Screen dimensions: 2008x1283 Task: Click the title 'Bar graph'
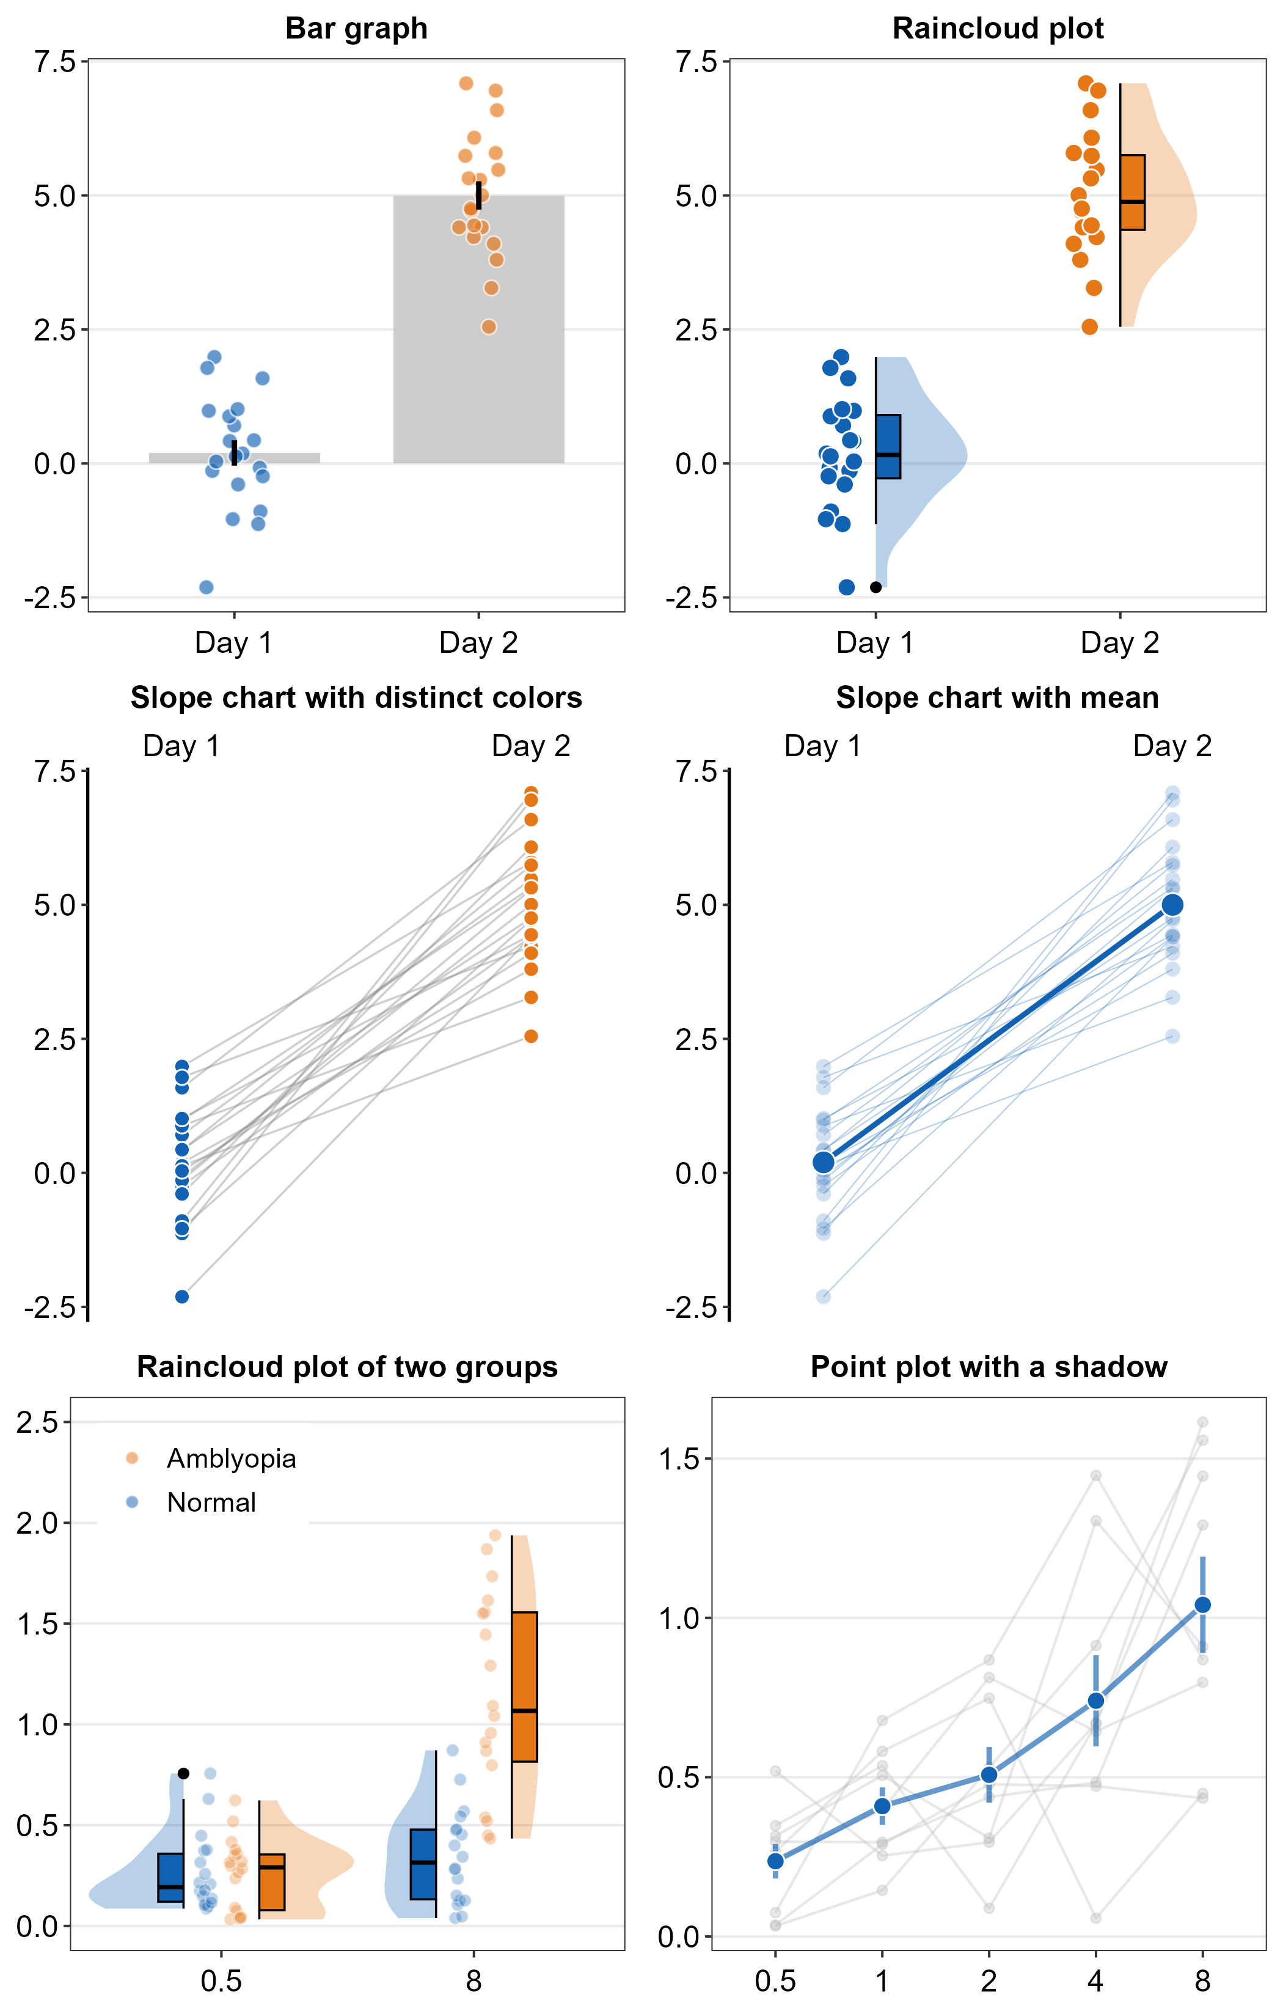pyautogui.click(x=356, y=28)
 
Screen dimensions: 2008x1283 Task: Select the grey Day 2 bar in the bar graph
pyautogui.click(x=478, y=350)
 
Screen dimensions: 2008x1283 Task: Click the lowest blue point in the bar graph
pyautogui.click(x=207, y=587)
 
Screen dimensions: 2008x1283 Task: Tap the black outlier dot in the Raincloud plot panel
pyautogui.click(x=875, y=587)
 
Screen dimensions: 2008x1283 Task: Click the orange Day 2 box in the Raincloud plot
pyautogui.click(x=1132, y=192)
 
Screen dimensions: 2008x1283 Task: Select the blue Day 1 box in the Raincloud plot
pyautogui.click(x=888, y=446)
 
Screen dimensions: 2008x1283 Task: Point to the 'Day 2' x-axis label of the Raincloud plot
pyautogui.click(x=1120, y=641)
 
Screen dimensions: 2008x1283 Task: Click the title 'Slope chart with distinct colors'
pyautogui.click(x=356, y=697)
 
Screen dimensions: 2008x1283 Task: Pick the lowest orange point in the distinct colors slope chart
pyautogui.click(x=531, y=1037)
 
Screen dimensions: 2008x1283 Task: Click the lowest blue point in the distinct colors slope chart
pyautogui.click(x=181, y=1296)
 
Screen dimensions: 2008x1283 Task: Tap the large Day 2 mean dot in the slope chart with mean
pyautogui.click(x=1172, y=905)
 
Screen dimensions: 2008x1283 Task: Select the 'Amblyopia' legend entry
pyautogui.click(x=231, y=1458)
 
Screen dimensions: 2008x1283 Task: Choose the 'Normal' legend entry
pyautogui.click(x=211, y=1502)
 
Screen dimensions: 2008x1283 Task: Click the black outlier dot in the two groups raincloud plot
pyautogui.click(x=183, y=1774)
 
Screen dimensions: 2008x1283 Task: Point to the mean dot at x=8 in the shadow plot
pyautogui.click(x=1202, y=1605)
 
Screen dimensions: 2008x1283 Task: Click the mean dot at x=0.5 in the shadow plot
pyautogui.click(x=775, y=1861)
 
